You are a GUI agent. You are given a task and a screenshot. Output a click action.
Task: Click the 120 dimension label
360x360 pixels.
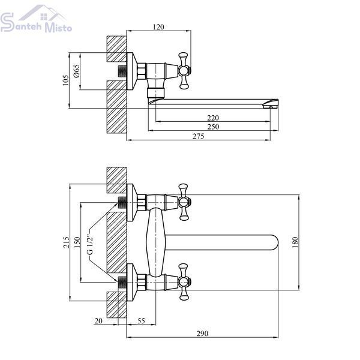pyautogui.click(x=158, y=27)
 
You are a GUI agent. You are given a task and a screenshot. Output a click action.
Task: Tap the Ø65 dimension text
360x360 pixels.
pyautogui.click(x=76, y=71)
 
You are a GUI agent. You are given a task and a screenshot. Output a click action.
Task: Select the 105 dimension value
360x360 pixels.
pyautogui.click(x=65, y=80)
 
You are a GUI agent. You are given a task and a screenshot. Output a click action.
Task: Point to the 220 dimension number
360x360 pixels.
pyautogui.click(x=213, y=118)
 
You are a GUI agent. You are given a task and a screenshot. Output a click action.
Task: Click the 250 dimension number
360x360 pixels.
pyautogui.click(x=213, y=127)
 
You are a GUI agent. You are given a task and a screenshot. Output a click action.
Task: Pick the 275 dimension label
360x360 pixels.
pyautogui.click(x=198, y=136)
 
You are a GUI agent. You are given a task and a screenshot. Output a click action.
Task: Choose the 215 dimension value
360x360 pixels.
pyautogui.click(x=66, y=242)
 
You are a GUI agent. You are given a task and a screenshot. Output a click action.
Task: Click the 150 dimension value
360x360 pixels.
pyautogui.click(x=77, y=242)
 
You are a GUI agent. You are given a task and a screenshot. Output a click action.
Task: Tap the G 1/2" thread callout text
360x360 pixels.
pyautogui.click(x=91, y=244)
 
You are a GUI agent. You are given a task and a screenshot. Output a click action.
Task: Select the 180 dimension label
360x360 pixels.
pyautogui.click(x=295, y=242)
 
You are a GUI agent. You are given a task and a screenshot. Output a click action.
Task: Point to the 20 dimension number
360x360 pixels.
pyautogui.click(x=98, y=321)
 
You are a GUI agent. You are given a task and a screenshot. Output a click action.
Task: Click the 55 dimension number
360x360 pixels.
pyautogui.click(x=141, y=321)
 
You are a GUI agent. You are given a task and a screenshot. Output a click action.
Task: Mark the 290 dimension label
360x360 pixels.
pyautogui.click(x=203, y=333)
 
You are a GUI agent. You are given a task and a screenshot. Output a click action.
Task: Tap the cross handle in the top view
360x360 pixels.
pyautogui.click(x=184, y=71)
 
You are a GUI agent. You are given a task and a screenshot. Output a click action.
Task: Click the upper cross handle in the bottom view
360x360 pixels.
pyautogui.click(x=184, y=202)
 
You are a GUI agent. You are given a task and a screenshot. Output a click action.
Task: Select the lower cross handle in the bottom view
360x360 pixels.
pyautogui.click(x=184, y=282)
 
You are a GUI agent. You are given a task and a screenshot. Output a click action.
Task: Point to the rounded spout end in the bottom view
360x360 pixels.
pyautogui.click(x=275, y=242)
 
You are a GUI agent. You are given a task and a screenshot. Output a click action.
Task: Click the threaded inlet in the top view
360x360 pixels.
pyautogui.click(x=122, y=71)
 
